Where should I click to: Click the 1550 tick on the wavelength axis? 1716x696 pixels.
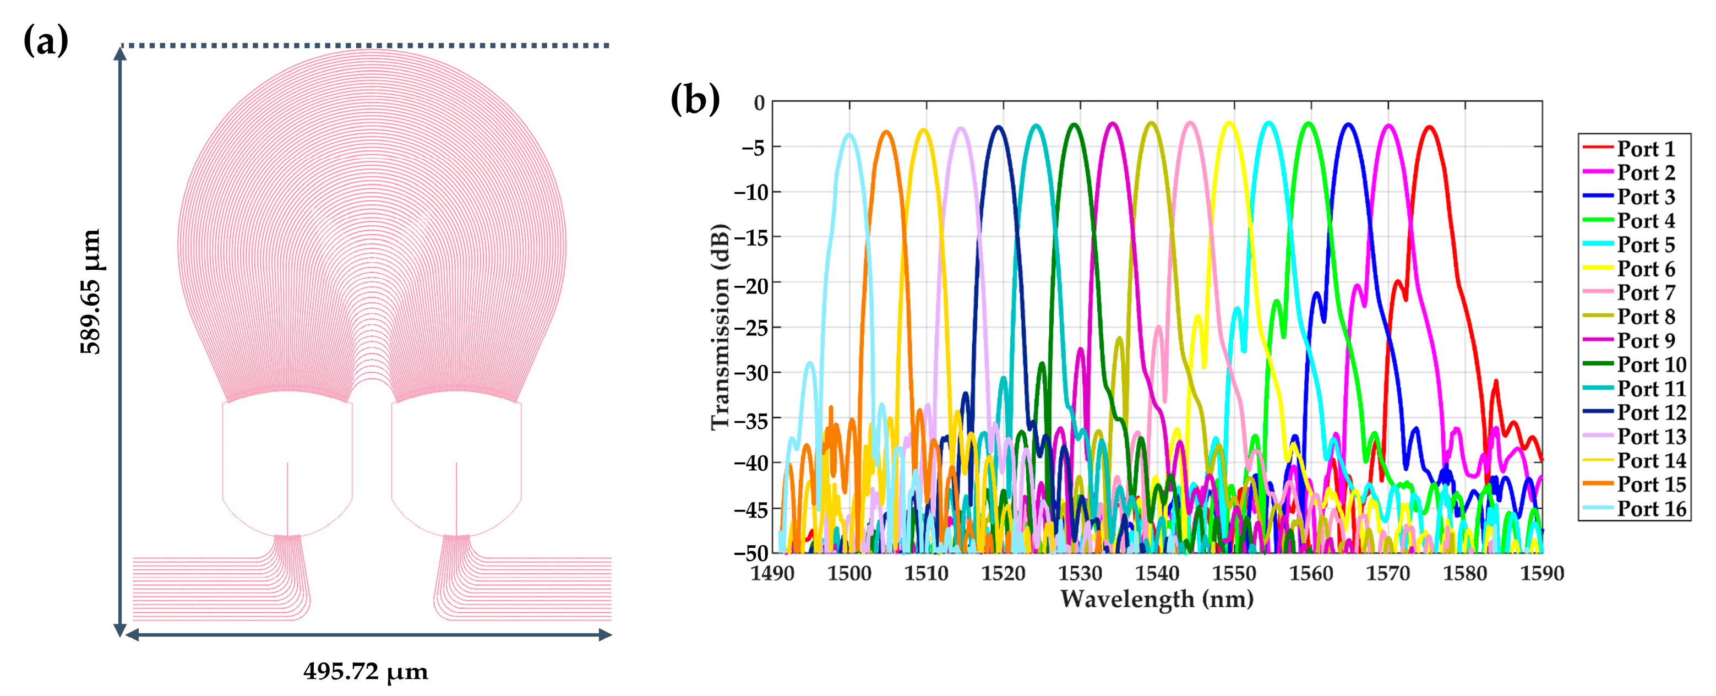coord(1234,573)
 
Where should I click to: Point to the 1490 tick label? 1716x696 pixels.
coord(772,573)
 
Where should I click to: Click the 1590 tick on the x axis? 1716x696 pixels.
coord(1541,573)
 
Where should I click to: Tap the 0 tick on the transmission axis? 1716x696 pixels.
coord(759,102)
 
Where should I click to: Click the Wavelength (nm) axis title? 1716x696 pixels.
coord(1157,599)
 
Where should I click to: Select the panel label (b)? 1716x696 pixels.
coord(695,100)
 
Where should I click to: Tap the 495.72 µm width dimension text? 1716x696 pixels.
coord(365,671)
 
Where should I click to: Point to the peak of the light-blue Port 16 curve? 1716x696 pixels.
coord(849,134)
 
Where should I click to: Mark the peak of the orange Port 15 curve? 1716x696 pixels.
coord(887,132)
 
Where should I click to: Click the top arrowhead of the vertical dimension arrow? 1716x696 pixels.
coord(120,52)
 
